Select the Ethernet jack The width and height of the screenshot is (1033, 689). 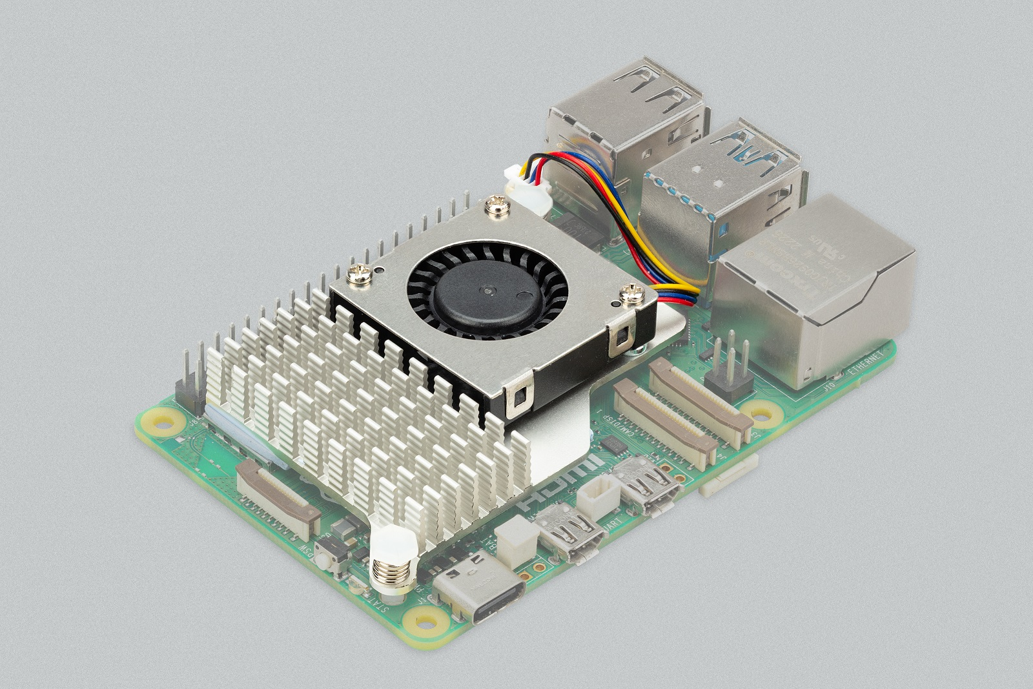pos(817,291)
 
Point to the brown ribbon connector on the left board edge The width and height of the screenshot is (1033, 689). pos(278,494)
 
